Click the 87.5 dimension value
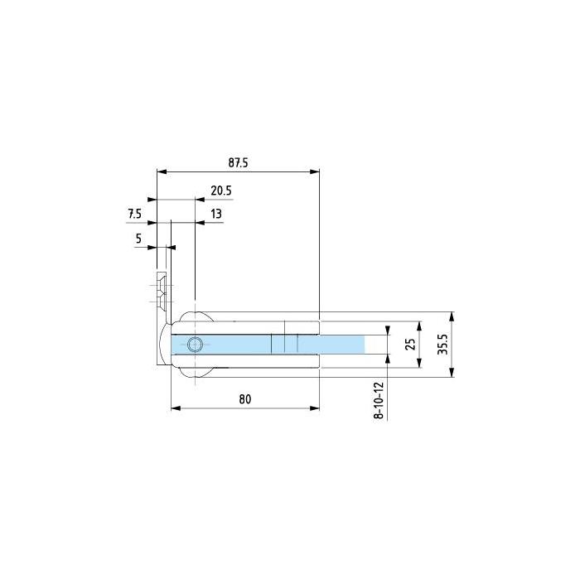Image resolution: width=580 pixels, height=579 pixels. pos(238,162)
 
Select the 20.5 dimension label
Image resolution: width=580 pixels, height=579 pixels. pos(221,191)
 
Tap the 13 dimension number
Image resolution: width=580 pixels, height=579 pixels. pos(216,214)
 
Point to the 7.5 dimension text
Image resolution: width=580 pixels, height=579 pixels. pos(134,214)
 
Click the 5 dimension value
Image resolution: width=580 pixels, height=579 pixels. pos(138,239)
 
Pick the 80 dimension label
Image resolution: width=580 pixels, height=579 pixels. pos(245,399)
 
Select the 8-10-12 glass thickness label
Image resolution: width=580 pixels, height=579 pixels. pos(379,400)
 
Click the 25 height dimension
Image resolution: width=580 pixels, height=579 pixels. pos(410,345)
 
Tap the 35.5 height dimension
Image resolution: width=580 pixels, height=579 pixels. pos(442,345)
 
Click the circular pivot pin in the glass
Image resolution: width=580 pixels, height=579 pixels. pos(195,345)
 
